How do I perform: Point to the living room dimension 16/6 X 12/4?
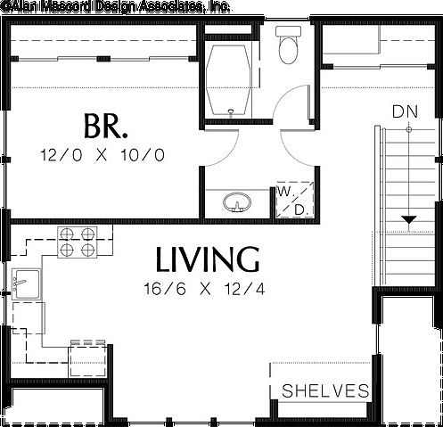tap(203, 289)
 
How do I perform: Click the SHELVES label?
tap(325, 390)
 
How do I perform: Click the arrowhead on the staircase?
tap(408, 219)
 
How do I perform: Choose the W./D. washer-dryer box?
tap(292, 201)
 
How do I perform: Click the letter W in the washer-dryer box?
tap(283, 192)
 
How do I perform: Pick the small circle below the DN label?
tap(408, 130)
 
